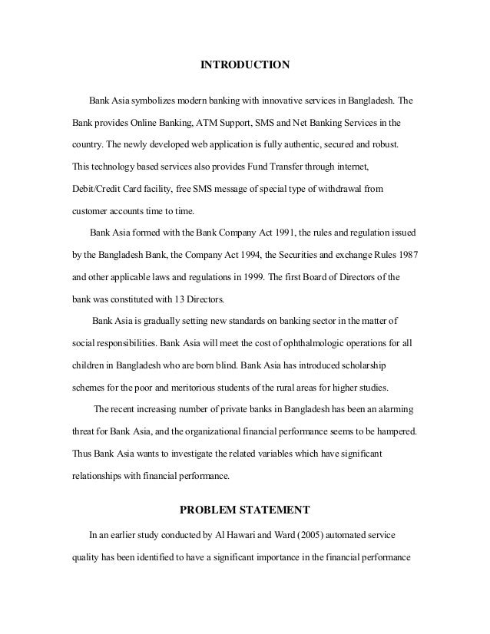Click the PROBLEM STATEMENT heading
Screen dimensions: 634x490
pyautogui.click(x=244, y=508)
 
